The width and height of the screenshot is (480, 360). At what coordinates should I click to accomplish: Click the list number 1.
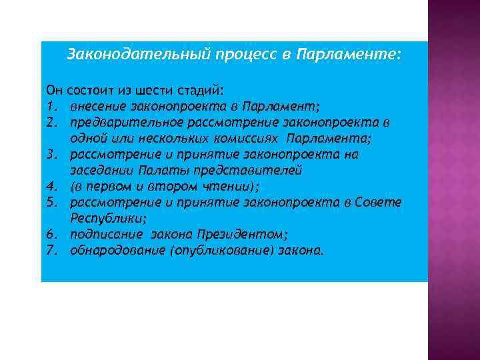[x=50, y=107]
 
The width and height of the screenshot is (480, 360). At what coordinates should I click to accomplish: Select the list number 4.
[x=50, y=186]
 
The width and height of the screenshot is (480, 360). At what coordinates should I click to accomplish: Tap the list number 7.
[x=50, y=251]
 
